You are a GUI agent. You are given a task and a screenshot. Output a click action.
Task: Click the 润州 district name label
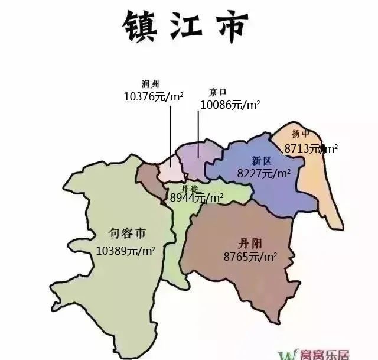[x=151, y=84]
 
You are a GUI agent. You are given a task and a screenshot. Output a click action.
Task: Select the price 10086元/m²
[x=230, y=105]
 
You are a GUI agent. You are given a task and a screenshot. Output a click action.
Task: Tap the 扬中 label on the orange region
[x=301, y=134]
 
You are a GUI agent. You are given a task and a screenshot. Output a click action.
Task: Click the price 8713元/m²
[x=311, y=148]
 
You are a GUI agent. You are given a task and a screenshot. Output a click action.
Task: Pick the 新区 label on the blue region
[x=260, y=161]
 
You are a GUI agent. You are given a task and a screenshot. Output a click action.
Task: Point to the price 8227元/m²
[x=263, y=173]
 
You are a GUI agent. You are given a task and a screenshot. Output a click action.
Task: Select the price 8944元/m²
[x=197, y=198]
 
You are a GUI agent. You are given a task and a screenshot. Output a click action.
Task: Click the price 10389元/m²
[x=125, y=250]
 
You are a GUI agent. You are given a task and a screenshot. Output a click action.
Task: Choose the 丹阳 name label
[x=243, y=243]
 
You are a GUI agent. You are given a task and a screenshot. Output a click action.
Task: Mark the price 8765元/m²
[x=250, y=257]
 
